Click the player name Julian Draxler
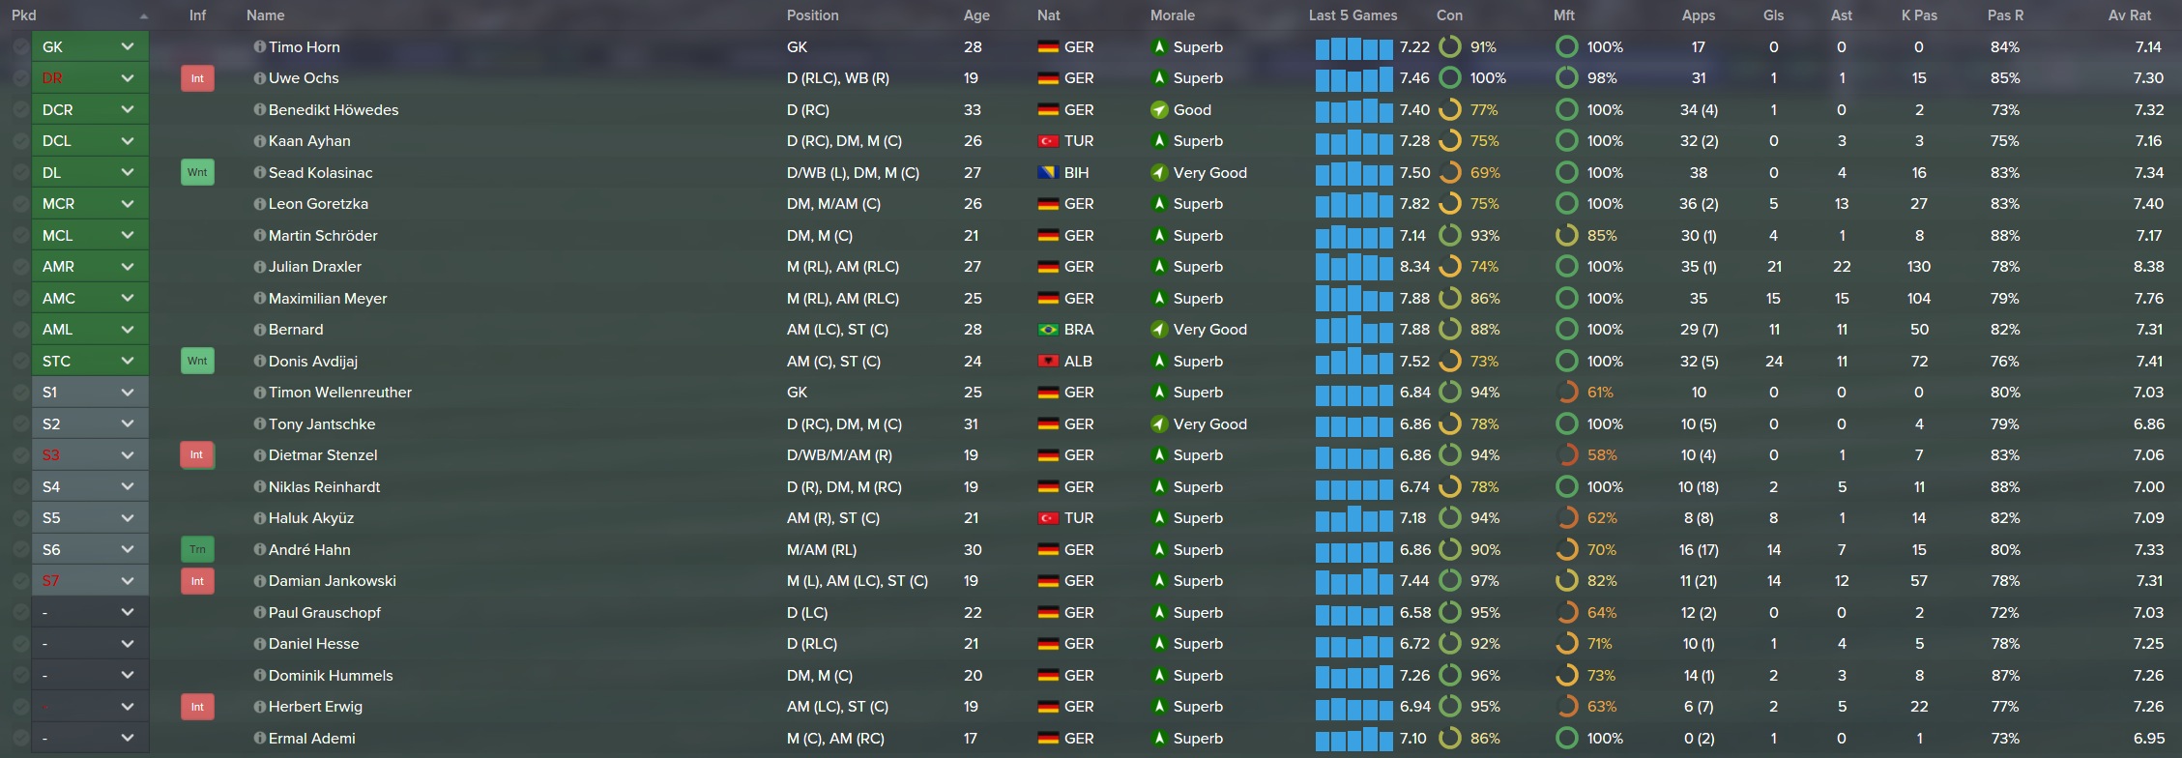pyautogui.click(x=314, y=267)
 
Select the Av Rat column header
pyautogui.click(x=2129, y=15)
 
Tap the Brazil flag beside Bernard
pyautogui.click(x=1047, y=330)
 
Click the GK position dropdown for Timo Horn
pyautogui.click(x=89, y=46)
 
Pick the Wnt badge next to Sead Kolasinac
pyautogui.click(x=197, y=173)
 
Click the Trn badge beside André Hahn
pyautogui.click(x=197, y=550)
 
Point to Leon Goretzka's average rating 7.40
pyautogui.click(x=2148, y=204)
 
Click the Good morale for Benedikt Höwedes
pyautogui.click(x=1191, y=110)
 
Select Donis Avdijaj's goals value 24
pyautogui.click(x=1773, y=362)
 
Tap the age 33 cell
pyautogui.click(x=973, y=110)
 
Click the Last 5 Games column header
pyautogui.click(x=1353, y=15)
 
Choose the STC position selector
pyautogui.click(x=89, y=361)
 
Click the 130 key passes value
pyautogui.click(x=1918, y=267)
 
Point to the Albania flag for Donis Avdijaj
pyautogui.click(x=1047, y=362)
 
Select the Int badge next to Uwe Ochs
pyautogui.click(x=197, y=78)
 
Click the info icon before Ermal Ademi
pyautogui.click(x=259, y=738)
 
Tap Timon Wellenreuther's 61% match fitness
pyautogui.click(x=1599, y=393)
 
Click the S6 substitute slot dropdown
pyautogui.click(x=89, y=549)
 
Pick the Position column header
pyautogui.click(x=812, y=15)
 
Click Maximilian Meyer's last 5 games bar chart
pyautogui.click(x=1353, y=299)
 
